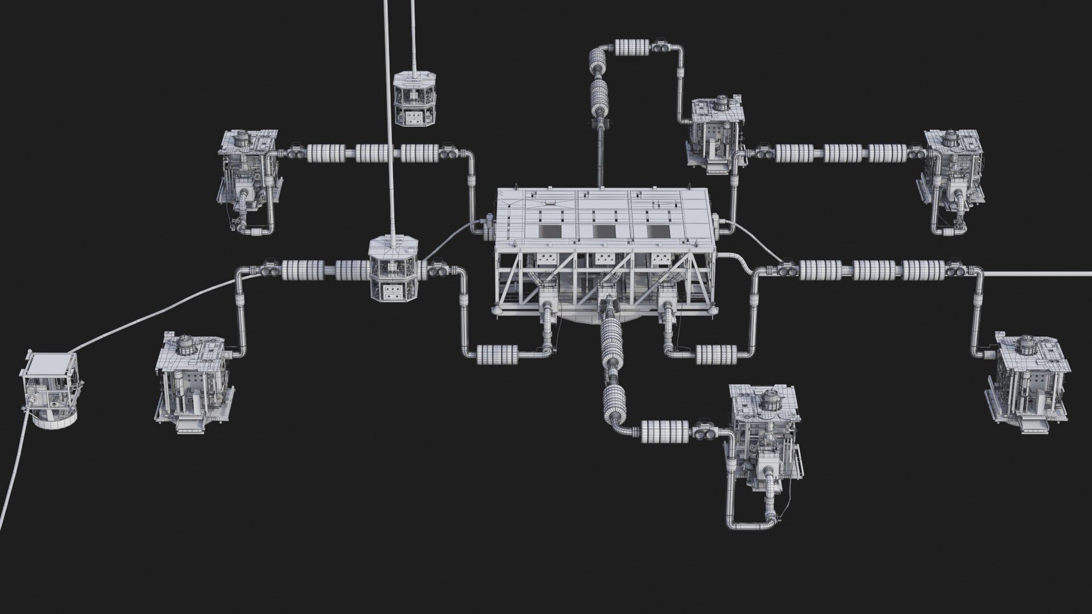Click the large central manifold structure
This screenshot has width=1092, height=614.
(x=603, y=250)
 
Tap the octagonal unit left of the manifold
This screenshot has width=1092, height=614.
(x=394, y=270)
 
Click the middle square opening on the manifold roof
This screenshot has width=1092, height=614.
(x=604, y=230)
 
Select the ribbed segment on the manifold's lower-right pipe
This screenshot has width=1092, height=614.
(x=715, y=354)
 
